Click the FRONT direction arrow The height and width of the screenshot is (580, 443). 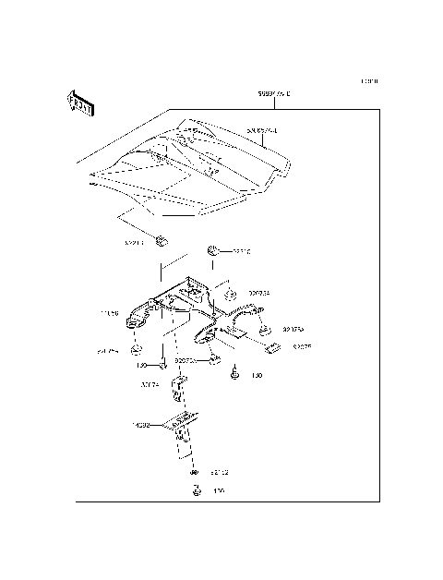tap(79, 104)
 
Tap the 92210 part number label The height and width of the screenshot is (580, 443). tap(242, 250)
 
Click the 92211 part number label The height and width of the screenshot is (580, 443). tap(135, 244)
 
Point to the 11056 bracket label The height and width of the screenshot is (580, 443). tap(110, 313)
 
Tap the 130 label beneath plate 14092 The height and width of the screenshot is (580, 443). tap(219, 491)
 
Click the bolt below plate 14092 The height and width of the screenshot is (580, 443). tap(196, 490)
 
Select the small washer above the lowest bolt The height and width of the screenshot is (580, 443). tap(195, 472)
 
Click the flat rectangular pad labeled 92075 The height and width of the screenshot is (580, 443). tap(273, 347)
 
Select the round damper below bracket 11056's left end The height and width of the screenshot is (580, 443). tap(136, 352)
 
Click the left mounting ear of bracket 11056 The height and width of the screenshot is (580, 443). tap(138, 318)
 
